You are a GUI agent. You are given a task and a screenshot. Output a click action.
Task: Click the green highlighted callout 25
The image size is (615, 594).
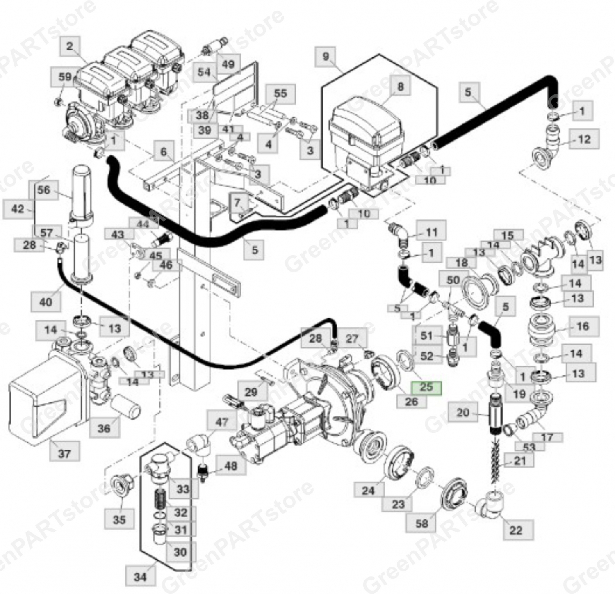(x=426, y=387)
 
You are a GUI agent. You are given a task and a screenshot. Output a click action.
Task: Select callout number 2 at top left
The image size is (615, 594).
(x=70, y=46)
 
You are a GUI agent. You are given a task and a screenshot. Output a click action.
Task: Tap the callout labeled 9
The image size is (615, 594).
(x=326, y=57)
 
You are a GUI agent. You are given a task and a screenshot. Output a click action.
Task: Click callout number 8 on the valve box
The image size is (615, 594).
(x=400, y=87)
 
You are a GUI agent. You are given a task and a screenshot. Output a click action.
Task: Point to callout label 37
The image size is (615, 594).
(x=64, y=454)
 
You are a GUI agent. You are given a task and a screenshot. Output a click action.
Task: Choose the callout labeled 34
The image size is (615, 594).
(x=140, y=577)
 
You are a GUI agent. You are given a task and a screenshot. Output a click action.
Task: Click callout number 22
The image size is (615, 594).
(x=516, y=530)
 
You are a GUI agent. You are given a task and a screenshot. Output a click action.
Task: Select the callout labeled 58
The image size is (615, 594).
(x=421, y=523)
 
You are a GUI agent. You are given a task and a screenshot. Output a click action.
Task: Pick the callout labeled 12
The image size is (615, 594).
(x=584, y=139)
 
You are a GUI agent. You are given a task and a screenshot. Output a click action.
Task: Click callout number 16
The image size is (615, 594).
(x=583, y=327)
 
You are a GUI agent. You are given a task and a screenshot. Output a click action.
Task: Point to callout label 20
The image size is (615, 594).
(x=462, y=412)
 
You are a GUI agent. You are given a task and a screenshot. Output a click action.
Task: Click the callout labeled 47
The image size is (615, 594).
(x=222, y=422)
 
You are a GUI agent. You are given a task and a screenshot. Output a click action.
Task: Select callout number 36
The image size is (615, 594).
(x=104, y=428)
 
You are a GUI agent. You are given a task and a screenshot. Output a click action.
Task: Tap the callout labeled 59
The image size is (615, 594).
(x=65, y=77)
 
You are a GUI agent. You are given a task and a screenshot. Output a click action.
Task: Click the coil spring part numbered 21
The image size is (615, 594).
(x=497, y=464)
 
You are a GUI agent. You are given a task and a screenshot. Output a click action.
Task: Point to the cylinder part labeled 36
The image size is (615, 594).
(x=125, y=405)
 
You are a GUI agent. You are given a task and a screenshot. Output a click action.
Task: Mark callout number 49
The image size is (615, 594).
(x=228, y=64)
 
